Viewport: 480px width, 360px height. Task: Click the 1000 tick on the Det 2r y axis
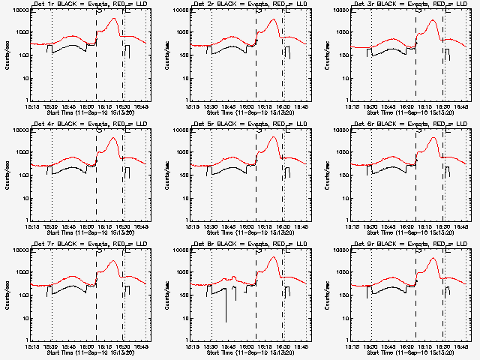click(183, 32)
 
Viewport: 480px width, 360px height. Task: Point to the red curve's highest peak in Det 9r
click(433, 259)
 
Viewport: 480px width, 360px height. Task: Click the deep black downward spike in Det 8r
click(226, 321)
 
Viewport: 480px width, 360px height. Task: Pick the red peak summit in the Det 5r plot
click(273, 138)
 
